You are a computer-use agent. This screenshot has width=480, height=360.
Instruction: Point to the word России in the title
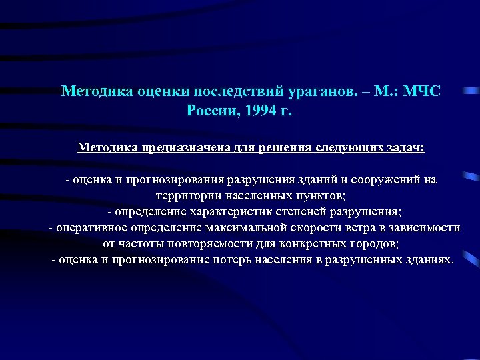coord(211,109)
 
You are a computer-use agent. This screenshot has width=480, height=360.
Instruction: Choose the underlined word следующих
coord(338,147)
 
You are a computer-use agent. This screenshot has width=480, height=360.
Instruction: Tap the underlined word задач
coord(402,147)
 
